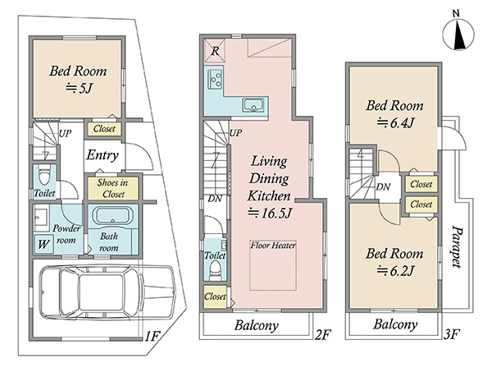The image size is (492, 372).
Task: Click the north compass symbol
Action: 458,34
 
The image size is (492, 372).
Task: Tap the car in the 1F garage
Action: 107,292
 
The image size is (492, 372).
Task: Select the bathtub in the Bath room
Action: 112,215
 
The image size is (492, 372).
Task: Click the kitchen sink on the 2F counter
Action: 253,105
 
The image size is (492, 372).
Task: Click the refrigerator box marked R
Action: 215,51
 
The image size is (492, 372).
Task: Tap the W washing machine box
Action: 43,244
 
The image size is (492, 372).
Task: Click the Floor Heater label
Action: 273,245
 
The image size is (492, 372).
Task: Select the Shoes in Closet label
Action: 112,188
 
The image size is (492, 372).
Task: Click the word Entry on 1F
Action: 102,155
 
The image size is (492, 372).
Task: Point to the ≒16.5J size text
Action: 270,213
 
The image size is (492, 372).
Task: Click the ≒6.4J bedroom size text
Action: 395,122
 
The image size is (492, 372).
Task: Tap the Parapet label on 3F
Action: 456,246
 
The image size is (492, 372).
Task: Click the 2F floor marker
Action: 322,335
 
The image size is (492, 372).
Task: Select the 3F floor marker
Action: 452,334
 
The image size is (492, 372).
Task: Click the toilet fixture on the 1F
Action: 44,175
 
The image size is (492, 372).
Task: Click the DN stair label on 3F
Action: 383,187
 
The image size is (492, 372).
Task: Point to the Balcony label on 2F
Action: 257,325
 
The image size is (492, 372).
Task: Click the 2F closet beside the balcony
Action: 215,296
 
